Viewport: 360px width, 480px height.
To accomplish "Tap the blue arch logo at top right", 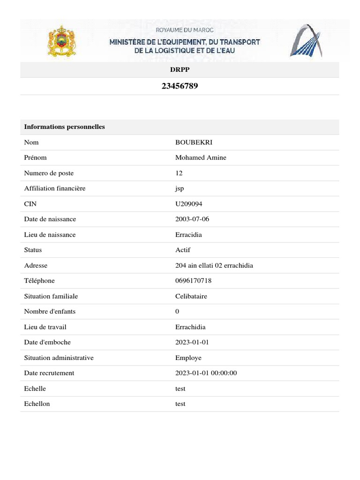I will (305, 41).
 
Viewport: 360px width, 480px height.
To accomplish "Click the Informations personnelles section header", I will (64, 127).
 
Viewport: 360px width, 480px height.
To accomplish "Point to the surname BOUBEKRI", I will (190, 142).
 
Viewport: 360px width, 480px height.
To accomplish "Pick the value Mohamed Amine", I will (201, 158).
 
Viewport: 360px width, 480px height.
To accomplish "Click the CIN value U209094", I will (189, 204).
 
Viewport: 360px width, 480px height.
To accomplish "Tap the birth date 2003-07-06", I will (193, 219).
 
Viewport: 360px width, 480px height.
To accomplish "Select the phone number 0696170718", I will (194, 281).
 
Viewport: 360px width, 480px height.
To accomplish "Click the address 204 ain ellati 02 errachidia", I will (214, 265).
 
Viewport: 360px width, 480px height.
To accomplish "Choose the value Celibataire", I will (191, 296).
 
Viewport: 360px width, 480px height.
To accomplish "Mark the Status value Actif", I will (183, 250).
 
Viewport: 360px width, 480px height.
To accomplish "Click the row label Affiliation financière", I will (55, 188).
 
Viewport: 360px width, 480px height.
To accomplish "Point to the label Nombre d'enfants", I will (50, 312).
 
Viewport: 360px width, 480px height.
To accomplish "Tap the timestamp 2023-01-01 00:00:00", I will (206, 373).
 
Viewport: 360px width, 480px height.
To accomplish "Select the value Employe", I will (188, 358).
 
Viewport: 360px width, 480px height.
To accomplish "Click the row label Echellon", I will (37, 404).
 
